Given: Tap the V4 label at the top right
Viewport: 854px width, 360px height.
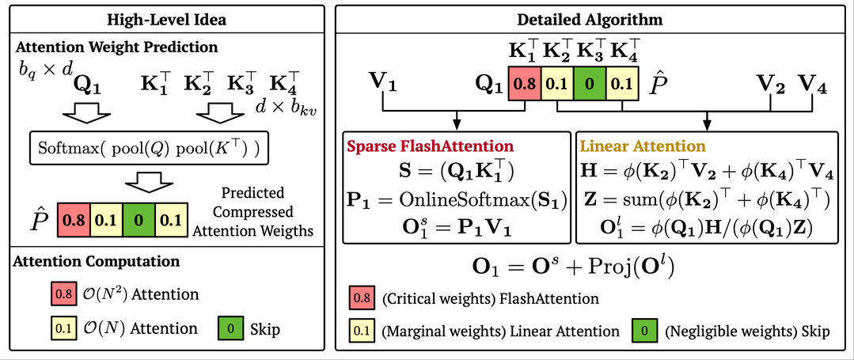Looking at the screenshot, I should (813, 82).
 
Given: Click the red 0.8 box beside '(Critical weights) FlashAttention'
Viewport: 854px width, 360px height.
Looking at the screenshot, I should (361, 299).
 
